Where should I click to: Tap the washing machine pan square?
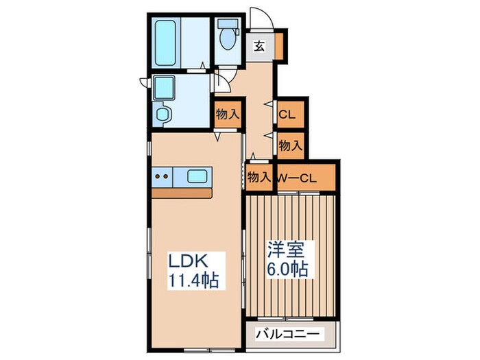pos(165,88)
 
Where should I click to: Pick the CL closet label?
pos(288,115)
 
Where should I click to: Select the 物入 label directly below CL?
pos(291,145)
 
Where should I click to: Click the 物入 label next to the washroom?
pos(227,115)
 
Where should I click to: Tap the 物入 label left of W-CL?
pos(259,178)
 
